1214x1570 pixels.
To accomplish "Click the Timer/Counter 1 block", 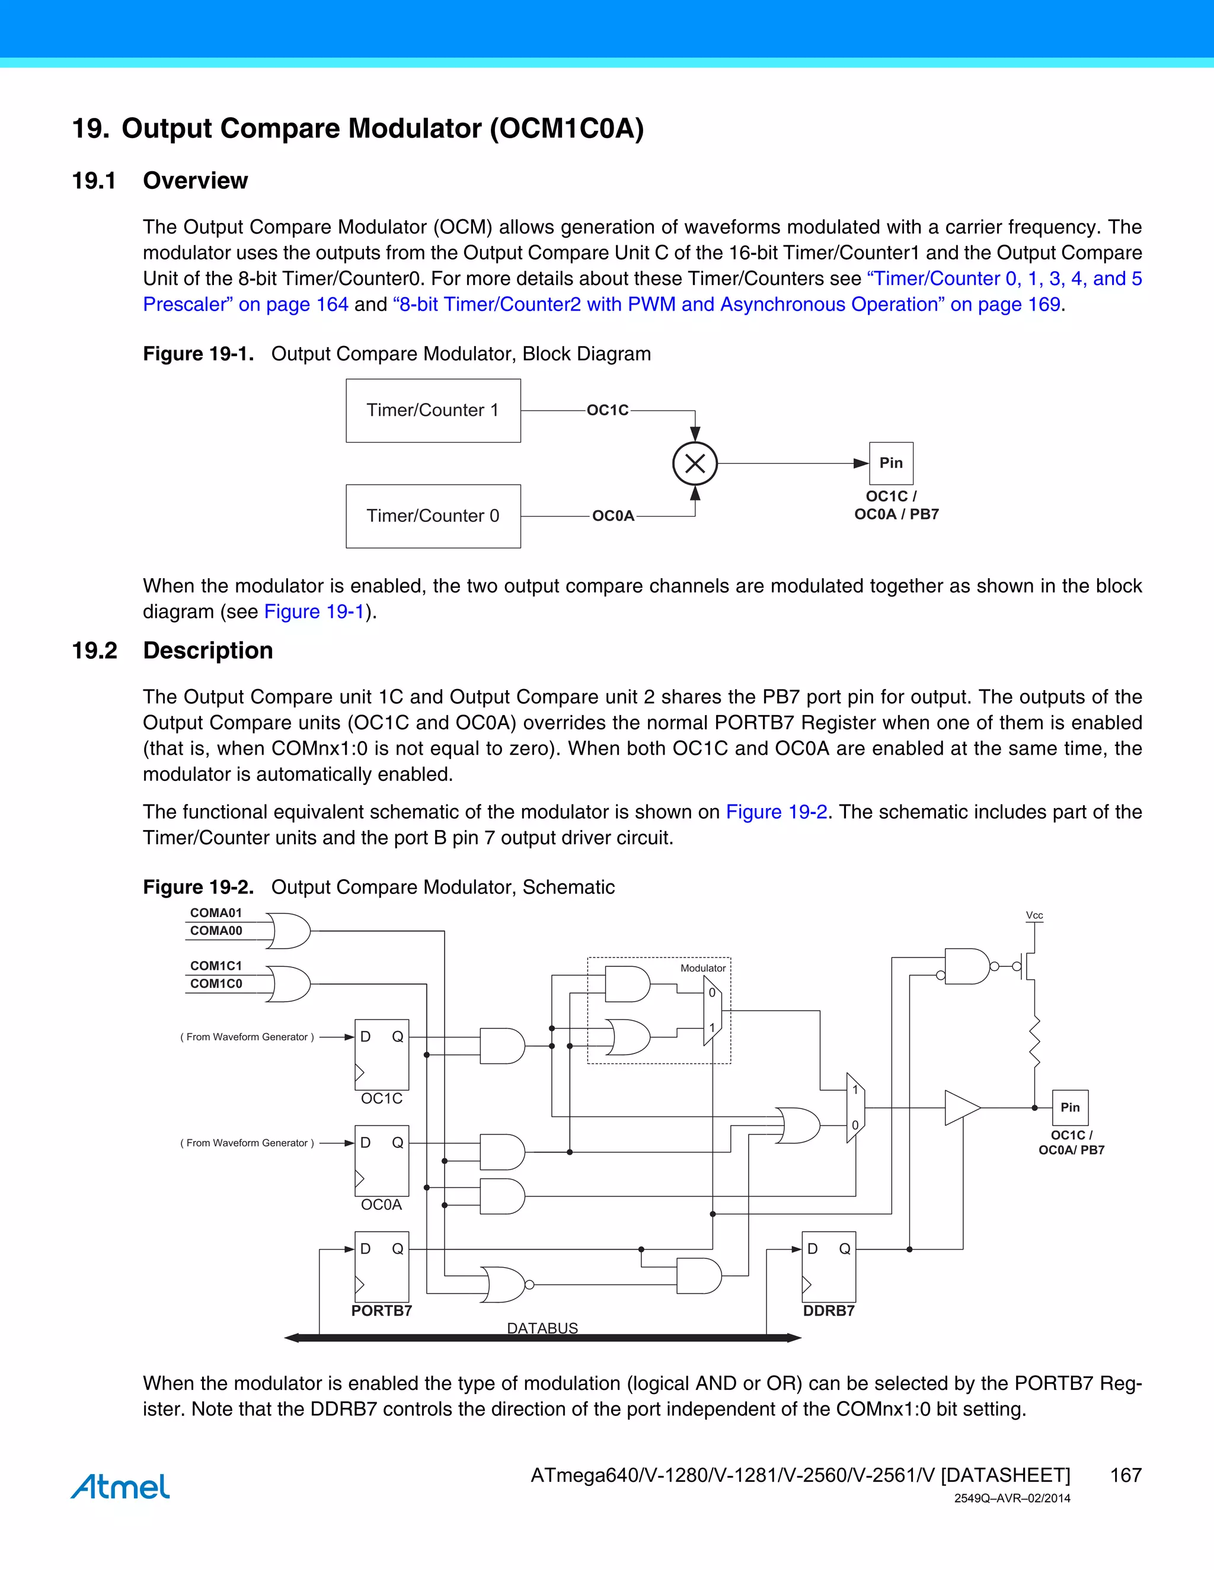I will tap(433, 411).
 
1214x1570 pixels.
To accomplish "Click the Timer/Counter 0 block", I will tap(433, 516).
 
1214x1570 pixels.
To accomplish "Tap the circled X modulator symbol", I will tap(695, 464).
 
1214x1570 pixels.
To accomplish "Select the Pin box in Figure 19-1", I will tap(891, 463).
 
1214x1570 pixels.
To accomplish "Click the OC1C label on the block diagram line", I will tap(608, 411).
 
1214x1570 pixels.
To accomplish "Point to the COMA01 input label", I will tap(216, 913).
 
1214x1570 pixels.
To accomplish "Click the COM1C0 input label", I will tap(216, 983).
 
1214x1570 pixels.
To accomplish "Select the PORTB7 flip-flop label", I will tap(381, 1311).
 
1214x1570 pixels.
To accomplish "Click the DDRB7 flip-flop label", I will tap(829, 1311).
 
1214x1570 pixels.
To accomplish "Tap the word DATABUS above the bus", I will tap(542, 1328).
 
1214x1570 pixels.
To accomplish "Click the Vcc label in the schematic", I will tap(1034, 915).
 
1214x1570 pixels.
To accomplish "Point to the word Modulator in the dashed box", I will tap(702, 968).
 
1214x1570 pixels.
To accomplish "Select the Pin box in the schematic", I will tap(1069, 1108).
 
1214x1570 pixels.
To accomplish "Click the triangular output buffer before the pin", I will tap(961, 1108).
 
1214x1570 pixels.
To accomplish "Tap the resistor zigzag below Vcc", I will tap(1035, 1042).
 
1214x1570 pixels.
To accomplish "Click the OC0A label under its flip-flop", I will tap(381, 1205).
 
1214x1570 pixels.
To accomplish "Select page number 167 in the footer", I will tap(1126, 1475).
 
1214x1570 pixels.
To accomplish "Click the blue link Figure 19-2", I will tap(776, 812).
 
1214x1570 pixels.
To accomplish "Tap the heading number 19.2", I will tap(94, 651).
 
